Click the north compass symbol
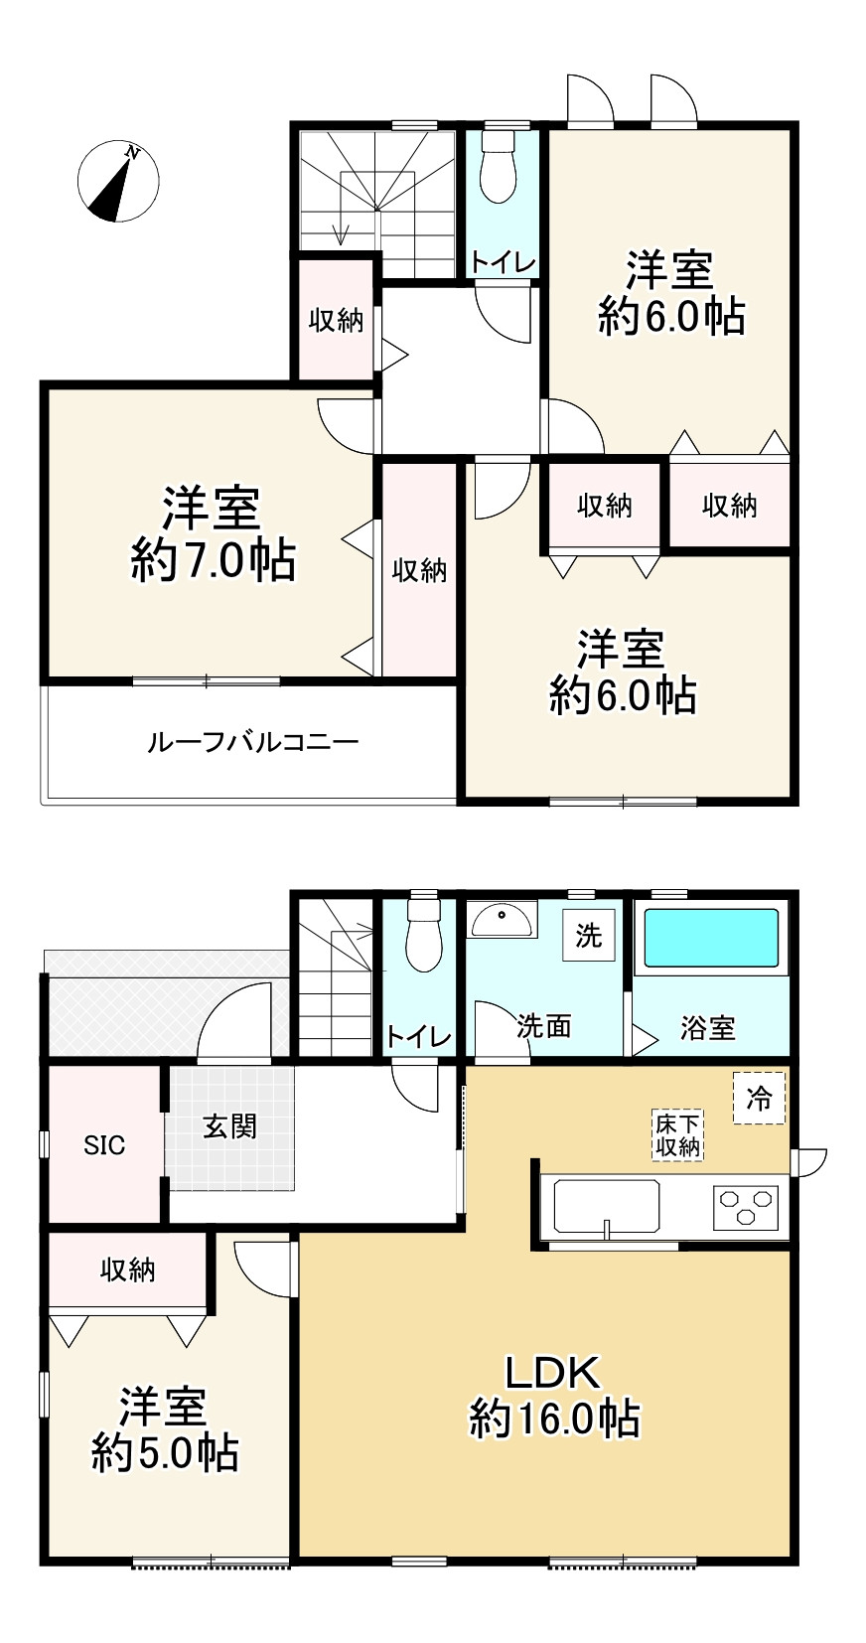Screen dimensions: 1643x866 pos(118,181)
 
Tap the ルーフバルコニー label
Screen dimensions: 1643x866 pos(252,742)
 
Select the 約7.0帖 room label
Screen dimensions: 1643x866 pos(214,561)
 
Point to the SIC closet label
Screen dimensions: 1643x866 pos(104,1145)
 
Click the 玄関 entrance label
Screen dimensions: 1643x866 pos(229,1125)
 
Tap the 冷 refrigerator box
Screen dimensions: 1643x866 pos(759,1098)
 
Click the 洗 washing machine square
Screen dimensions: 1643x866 pos(589,936)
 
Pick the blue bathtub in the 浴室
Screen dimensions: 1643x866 pos(711,938)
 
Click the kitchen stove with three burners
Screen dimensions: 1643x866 pos(745,1207)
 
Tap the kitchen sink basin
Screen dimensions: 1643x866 pos(606,1206)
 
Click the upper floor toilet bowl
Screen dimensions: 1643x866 pos(497,171)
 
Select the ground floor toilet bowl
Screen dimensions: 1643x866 pos(424,938)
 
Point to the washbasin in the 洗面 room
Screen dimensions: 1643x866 pos(503,920)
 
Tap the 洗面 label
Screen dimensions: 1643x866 pos(543,1026)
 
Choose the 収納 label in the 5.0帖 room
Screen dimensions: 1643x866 pos(128,1270)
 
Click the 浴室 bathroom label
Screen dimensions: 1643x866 pos(707,1028)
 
